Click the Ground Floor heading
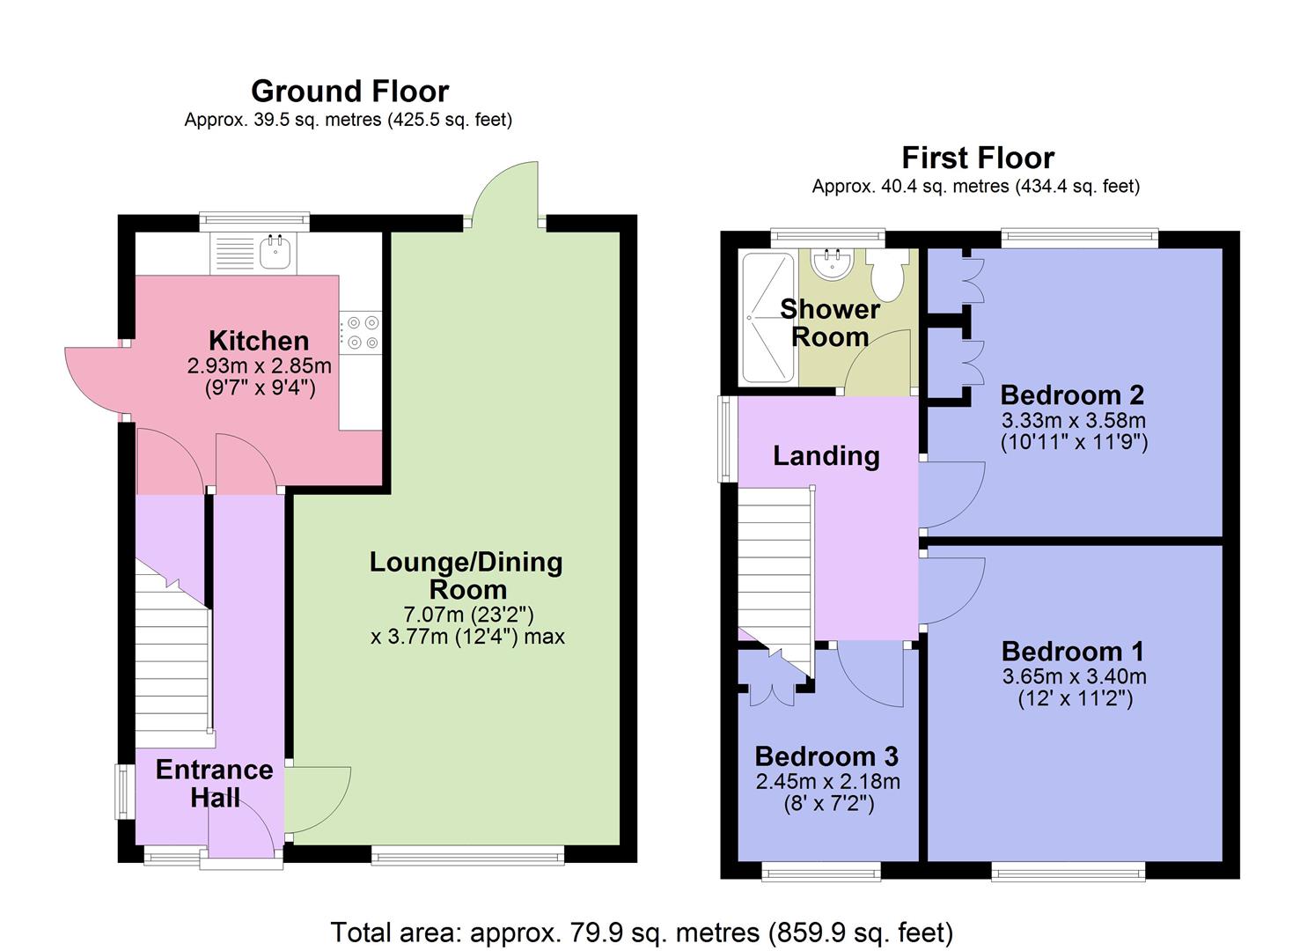349,91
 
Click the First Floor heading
977,158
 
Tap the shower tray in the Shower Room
767,317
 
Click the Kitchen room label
258,341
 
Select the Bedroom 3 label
826,756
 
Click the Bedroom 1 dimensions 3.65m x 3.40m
1074,676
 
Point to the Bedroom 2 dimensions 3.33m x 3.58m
1074,420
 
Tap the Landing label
826,455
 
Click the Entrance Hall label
214,784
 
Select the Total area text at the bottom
642,932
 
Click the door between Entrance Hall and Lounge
319,800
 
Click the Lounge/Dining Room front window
467,854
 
